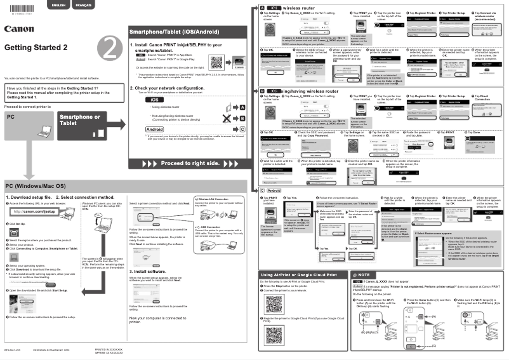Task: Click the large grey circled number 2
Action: [x=109, y=48]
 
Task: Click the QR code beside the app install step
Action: [x=216, y=63]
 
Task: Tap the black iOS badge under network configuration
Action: [x=152, y=100]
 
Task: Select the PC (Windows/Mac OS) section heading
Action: [x=36, y=186]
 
